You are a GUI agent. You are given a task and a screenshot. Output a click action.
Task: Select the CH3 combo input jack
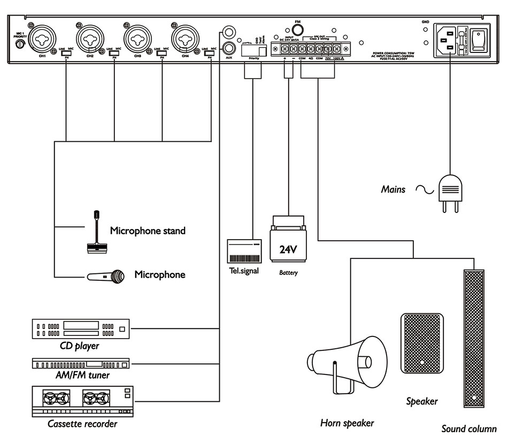point(137,39)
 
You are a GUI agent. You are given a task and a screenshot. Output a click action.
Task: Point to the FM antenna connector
point(298,28)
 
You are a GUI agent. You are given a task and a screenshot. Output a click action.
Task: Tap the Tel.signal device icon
point(244,250)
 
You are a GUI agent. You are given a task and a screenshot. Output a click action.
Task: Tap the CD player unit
point(81,329)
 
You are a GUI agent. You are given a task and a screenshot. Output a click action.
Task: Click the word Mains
point(393,189)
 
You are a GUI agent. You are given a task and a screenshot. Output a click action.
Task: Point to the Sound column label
point(469,428)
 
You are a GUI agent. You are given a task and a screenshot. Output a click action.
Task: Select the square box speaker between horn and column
point(422,343)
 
